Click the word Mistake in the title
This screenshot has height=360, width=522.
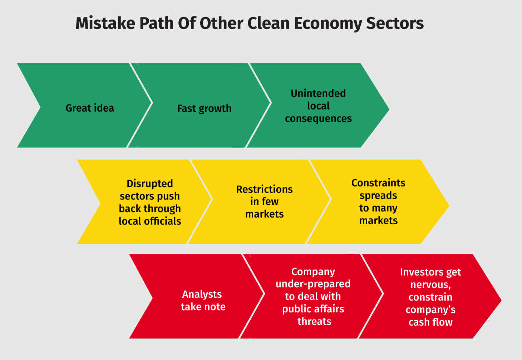click(105, 23)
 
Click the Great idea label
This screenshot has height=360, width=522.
click(90, 108)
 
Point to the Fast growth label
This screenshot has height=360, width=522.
click(205, 108)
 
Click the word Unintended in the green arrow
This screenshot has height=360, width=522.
click(318, 93)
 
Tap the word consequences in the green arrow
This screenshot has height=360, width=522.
click(318, 118)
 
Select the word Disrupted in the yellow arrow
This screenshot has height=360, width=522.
click(150, 184)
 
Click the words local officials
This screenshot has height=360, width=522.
click(150, 221)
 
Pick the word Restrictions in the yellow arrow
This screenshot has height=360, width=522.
click(265, 189)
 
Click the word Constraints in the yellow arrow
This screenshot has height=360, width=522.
click(378, 183)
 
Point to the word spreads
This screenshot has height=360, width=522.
click(378, 196)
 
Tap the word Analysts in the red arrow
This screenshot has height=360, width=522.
click(202, 294)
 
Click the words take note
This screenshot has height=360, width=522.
click(203, 307)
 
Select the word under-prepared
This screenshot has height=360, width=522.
click(313, 284)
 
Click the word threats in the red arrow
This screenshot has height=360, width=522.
click(314, 321)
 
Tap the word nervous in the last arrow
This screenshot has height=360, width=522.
click(430, 284)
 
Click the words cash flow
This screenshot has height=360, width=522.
click(430, 322)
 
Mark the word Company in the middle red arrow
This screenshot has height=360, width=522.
click(313, 272)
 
